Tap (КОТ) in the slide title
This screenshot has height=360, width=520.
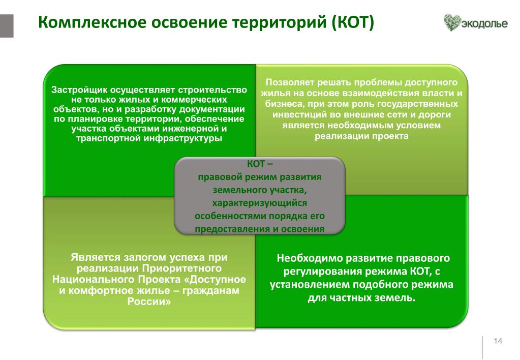353,22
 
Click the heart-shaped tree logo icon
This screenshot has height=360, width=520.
452,22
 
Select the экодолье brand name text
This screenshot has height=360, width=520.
484,23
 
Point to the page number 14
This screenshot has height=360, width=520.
498,341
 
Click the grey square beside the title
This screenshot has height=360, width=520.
7,26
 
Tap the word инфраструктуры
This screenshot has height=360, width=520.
182,138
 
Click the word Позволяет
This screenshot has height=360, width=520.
290,82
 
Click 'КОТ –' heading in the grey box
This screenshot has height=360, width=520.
260,164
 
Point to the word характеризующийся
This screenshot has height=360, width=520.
260,203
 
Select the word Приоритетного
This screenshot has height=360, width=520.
182,268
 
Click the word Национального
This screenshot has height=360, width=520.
91,279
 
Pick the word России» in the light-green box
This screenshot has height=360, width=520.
149,302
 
